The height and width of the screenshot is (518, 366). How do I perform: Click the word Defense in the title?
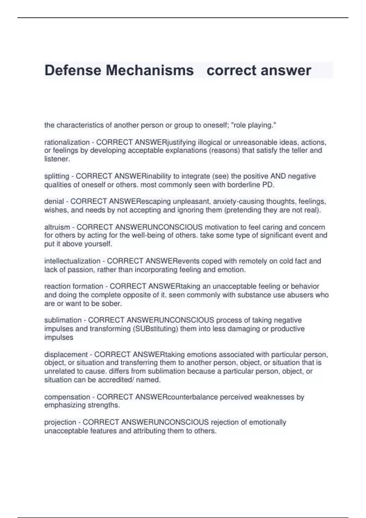(x=73, y=70)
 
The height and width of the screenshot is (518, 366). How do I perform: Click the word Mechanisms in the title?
(x=150, y=70)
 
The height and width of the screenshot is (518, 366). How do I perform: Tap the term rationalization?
(x=67, y=142)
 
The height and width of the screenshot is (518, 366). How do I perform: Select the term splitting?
(x=57, y=176)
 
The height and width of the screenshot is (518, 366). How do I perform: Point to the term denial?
(x=54, y=201)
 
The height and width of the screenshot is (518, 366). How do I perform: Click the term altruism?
(x=57, y=227)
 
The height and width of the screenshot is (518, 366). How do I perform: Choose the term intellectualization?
(x=72, y=261)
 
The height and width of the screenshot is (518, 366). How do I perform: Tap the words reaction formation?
(x=74, y=286)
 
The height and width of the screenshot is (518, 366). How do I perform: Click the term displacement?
(x=66, y=354)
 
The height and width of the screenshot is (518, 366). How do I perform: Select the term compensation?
(x=67, y=397)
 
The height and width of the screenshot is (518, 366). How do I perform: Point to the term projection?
(x=60, y=422)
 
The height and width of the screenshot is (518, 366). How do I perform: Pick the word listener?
(x=57, y=159)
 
